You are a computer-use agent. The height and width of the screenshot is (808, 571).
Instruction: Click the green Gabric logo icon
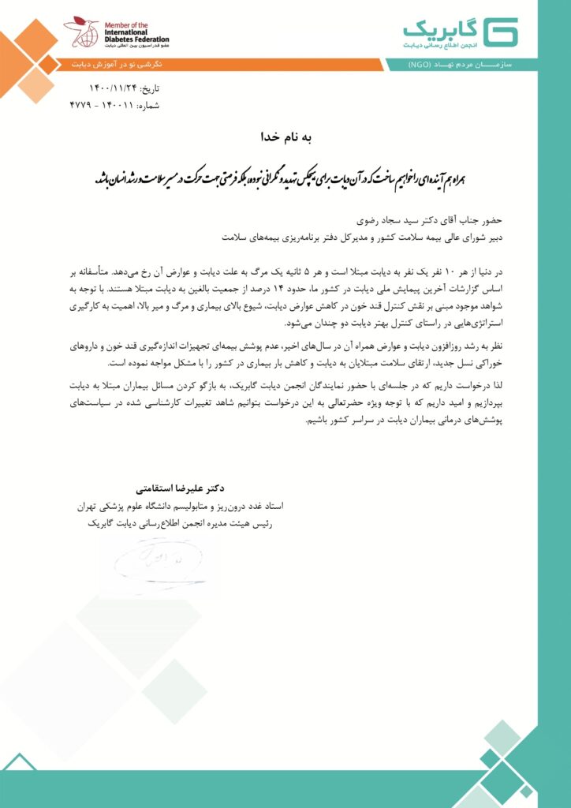click(x=502, y=32)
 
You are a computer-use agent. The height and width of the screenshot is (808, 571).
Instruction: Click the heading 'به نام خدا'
click(x=285, y=137)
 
